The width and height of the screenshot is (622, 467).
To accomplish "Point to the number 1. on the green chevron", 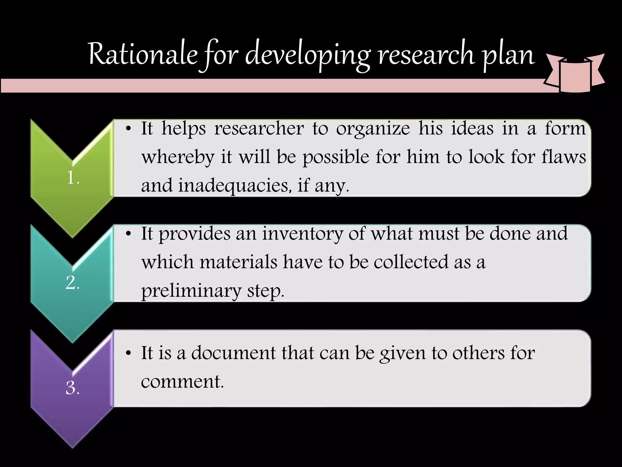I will pos(73,178).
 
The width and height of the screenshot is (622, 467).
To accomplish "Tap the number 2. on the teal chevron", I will pos(73,283).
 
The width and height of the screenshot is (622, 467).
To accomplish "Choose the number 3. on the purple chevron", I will pos(73,388).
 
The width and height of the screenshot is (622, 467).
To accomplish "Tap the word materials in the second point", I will pos(238,262).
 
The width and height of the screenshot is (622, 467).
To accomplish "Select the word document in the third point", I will pos(233,353).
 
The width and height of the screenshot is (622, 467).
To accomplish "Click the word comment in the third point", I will pos(182,382).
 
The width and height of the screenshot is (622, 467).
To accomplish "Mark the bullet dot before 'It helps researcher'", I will pos(129,129).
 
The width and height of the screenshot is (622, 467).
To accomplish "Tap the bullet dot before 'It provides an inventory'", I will pos(129,234).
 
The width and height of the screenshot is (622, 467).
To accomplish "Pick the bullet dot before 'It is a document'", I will pos(129,354).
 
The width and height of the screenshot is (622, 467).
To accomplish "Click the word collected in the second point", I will pos(411,262).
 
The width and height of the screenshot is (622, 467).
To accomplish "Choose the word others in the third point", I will pos(478,353).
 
